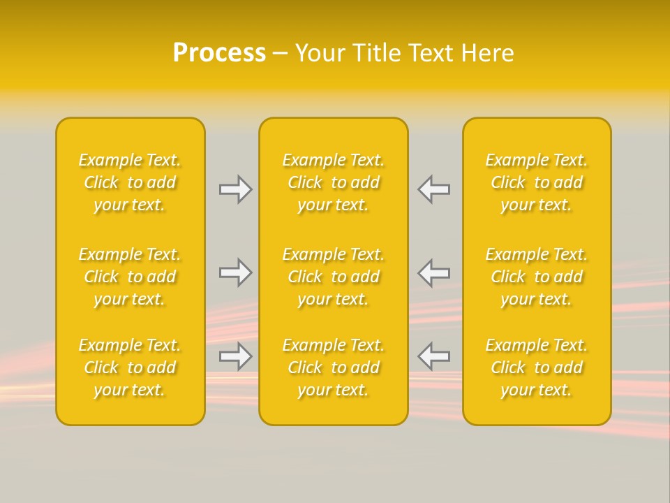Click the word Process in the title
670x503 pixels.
pyautogui.click(x=219, y=53)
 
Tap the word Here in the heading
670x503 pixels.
pyautogui.click(x=489, y=53)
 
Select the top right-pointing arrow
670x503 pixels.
pyautogui.click(x=236, y=189)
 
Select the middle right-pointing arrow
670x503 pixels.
pyautogui.click(x=236, y=272)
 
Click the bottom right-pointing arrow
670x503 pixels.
pyautogui.click(x=236, y=356)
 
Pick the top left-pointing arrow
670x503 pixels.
pyautogui.click(x=433, y=189)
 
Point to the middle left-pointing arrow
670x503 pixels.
pyautogui.click(x=433, y=272)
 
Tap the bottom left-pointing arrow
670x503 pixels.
pyautogui.click(x=433, y=356)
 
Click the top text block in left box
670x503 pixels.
pyautogui.click(x=130, y=182)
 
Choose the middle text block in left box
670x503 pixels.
pyautogui.click(x=130, y=277)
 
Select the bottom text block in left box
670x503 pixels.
pyautogui.click(x=130, y=367)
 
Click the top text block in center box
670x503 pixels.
pyautogui.click(x=334, y=182)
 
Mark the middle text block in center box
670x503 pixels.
pyautogui.click(x=334, y=277)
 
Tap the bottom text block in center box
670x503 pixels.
pyautogui.click(x=334, y=367)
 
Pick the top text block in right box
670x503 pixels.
pyautogui.click(x=537, y=182)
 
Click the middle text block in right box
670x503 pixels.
pyautogui.click(x=537, y=277)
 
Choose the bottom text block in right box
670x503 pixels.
pyautogui.click(x=537, y=367)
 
